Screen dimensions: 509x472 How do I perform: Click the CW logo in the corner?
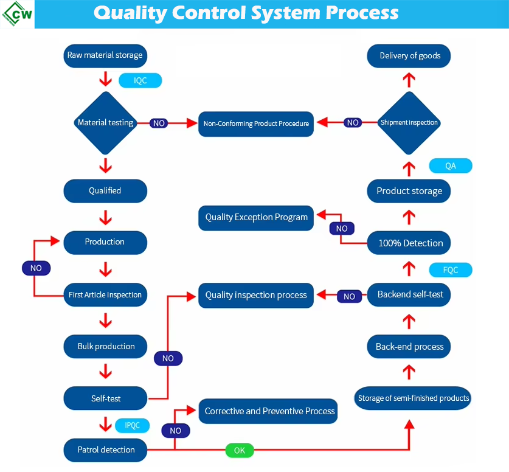pyautogui.click(x=17, y=14)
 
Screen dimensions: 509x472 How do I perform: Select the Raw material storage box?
pyautogui.click(x=105, y=56)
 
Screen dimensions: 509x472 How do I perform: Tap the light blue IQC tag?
pyautogui.click(x=140, y=80)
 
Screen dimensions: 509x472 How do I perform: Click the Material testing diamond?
pyautogui.click(x=105, y=123)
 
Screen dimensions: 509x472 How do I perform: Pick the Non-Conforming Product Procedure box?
pyautogui.click(x=256, y=124)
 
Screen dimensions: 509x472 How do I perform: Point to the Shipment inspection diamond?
pyautogui.click(x=409, y=123)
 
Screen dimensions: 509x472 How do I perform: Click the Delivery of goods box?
pyautogui.click(x=409, y=56)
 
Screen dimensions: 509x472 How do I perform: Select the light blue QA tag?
pyautogui.click(x=451, y=166)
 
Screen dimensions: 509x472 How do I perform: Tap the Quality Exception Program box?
pyautogui.click(x=256, y=218)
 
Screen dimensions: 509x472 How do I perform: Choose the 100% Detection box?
pyautogui.click(x=409, y=243)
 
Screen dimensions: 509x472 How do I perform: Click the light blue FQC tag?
pyautogui.click(x=451, y=270)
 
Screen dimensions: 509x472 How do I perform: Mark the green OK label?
pyautogui.click(x=240, y=450)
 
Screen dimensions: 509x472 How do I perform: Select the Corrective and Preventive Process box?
pyautogui.click(x=268, y=411)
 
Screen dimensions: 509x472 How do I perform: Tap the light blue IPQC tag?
pyautogui.click(x=133, y=425)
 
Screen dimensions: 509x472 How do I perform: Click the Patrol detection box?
pyautogui.click(x=105, y=450)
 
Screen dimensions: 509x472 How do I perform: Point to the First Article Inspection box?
pyautogui.click(x=105, y=295)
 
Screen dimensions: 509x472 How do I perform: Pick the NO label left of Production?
pyautogui.click(x=36, y=268)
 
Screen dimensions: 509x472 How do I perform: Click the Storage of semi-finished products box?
pyautogui.click(x=412, y=398)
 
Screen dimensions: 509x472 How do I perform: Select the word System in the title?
pyautogui.click(x=286, y=13)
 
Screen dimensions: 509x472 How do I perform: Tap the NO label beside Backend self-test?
pyautogui.click(x=349, y=296)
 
